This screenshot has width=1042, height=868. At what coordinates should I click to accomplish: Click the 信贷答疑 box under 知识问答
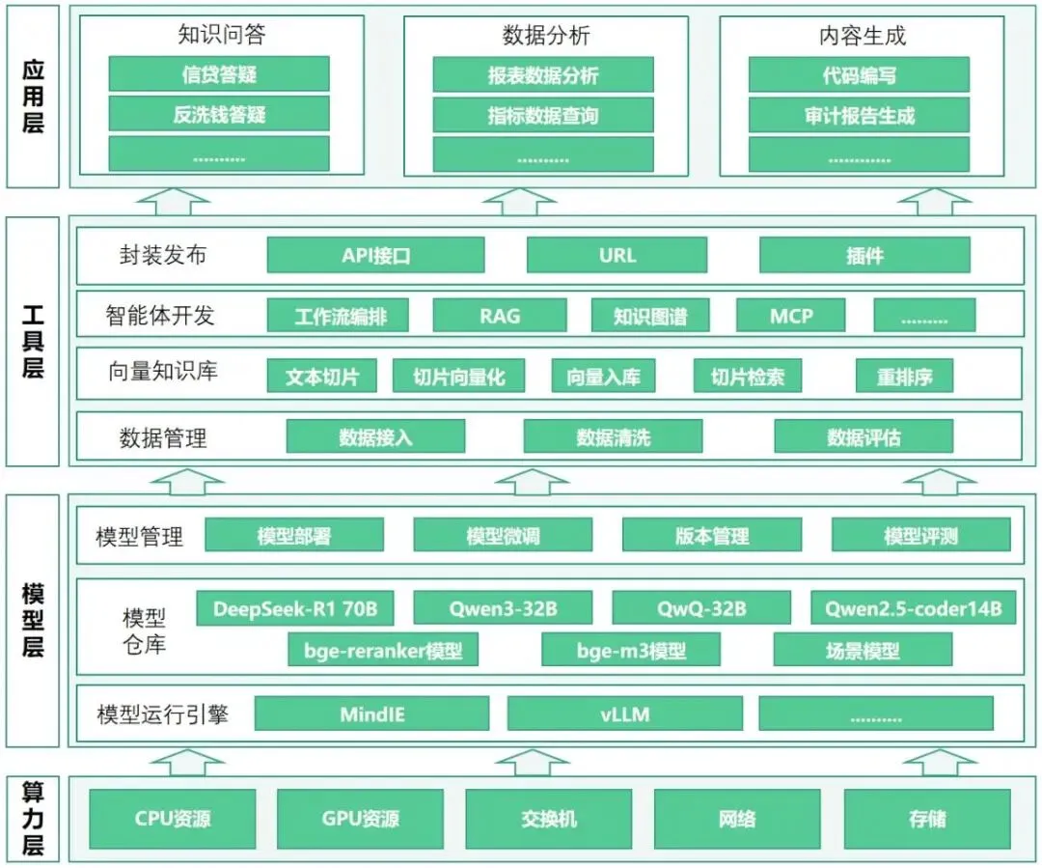[x=219, y=74]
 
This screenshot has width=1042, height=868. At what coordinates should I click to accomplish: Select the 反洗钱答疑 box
[x=219, y=115]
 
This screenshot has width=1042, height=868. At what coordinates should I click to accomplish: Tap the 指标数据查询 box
[x=543, y=116]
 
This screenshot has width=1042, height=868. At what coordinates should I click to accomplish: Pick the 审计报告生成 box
[x=859, y=116]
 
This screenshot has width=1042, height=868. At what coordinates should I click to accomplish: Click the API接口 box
[x=375, y=256]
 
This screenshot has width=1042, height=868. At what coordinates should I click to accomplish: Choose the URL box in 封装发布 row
[x=617, y=256]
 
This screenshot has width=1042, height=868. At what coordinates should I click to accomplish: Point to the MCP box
[x=791, y=316]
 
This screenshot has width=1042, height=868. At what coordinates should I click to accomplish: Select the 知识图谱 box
[x=650, y=316]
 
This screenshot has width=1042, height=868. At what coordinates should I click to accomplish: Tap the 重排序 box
[x=904, y=377]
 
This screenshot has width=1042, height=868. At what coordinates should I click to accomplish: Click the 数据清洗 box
[x=613, y=437]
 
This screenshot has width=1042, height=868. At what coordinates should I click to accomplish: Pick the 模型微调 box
[x=503, y=536]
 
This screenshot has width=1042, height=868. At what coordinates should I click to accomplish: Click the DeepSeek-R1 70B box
[x=302, y=609]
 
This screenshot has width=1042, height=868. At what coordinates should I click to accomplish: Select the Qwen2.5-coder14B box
[x=913, y=609]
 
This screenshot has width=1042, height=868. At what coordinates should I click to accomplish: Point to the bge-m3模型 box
[x=631, y=651]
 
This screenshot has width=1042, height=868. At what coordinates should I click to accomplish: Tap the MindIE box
[x=372, y=714]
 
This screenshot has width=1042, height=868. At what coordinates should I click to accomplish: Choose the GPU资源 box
[x=360, y=820]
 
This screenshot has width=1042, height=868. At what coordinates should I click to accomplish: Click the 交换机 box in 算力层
[x=548, y=820]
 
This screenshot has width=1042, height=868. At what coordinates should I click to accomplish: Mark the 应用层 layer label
[x=33, y=97]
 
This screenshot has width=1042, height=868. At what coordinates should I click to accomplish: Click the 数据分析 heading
[x=546, y=36]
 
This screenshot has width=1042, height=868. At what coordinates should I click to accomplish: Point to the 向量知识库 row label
[x=162, y=372]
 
